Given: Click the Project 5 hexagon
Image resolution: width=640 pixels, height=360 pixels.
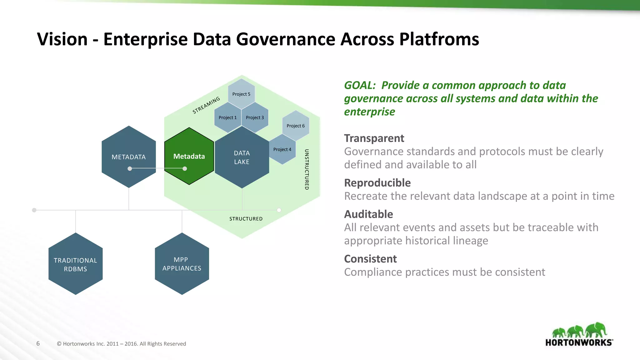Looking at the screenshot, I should point(241,94).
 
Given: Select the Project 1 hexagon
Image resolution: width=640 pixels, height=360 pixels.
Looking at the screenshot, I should point(227,117).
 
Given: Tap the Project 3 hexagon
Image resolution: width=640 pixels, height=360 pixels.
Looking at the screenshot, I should point(255,117).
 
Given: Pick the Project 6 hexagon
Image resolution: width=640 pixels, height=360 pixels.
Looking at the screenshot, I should point(296,126).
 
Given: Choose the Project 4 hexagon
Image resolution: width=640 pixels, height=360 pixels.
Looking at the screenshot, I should point(282,149).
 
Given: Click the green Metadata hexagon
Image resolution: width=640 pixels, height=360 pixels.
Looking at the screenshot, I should point(189,156).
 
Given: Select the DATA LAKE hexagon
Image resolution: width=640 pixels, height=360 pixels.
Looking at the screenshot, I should point(242,157).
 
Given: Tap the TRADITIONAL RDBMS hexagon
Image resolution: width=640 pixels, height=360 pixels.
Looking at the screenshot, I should point(76,264).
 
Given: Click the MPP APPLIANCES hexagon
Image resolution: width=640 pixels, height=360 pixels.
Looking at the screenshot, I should point(182,264).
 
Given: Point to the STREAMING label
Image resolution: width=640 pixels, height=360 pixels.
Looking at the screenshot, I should point(206,105).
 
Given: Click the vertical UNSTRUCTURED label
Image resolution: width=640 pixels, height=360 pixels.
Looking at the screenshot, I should point(307,169).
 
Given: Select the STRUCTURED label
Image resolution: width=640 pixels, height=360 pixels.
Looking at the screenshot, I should point(246,219).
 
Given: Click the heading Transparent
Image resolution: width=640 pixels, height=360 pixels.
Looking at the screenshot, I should point(374,138).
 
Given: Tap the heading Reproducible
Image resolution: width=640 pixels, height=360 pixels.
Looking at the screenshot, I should point(377,183).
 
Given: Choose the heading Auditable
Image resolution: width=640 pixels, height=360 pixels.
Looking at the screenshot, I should point(368,214).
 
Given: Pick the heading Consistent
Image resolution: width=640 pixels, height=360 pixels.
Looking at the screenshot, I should point(370,259).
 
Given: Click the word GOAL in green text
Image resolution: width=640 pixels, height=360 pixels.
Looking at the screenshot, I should point(359,85).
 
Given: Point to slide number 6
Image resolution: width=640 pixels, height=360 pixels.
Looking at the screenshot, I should point(38,343).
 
